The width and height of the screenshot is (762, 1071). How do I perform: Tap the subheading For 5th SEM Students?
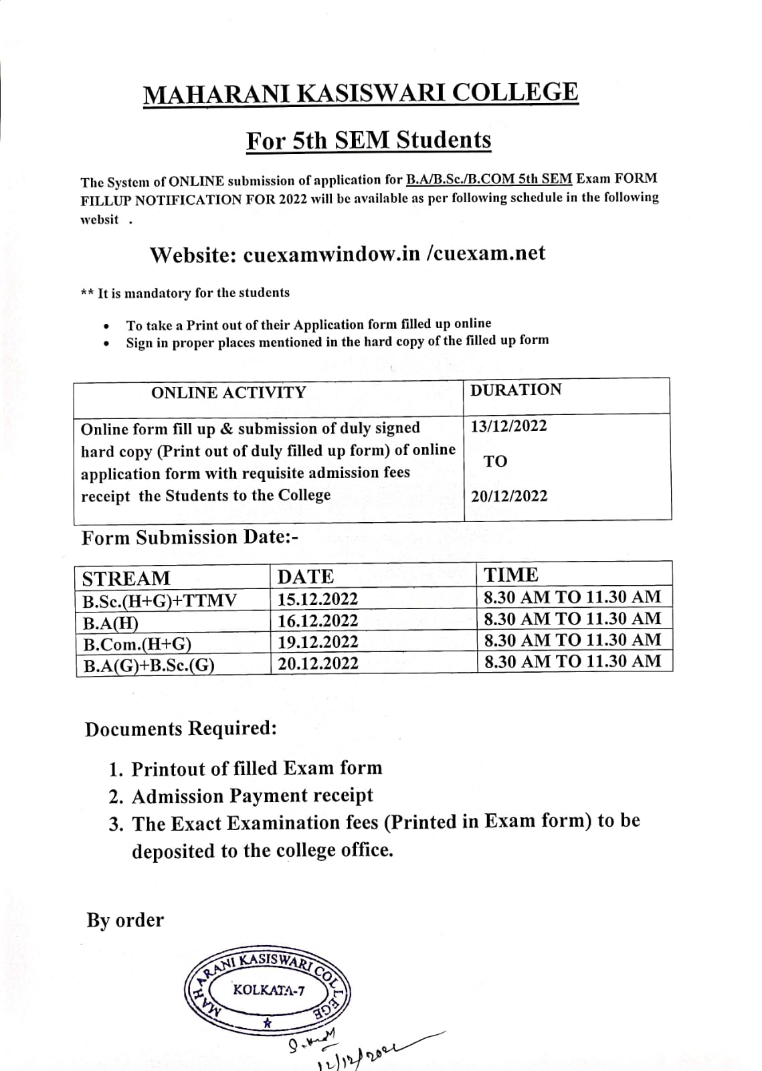coord(369,141)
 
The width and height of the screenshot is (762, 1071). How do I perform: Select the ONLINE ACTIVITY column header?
coord(228,393)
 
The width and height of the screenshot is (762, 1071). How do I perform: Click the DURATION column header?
coord(516,390)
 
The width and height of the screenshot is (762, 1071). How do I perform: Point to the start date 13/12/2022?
coord(508,426)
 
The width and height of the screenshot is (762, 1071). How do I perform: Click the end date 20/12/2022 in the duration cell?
coord(508,496)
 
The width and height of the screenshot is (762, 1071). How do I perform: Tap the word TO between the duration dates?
coord(496,461)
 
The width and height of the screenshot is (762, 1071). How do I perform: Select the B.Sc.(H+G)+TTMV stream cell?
coord(159,600)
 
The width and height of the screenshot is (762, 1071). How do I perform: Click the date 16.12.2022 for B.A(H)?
coord(318,621)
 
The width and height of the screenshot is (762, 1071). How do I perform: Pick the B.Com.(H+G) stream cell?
coord(137,645)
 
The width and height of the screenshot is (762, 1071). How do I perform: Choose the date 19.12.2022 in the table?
coord(318,642)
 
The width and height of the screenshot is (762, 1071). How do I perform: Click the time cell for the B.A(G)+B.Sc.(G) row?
coord(572,661)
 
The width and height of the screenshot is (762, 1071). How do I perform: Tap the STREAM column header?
coord(126,578)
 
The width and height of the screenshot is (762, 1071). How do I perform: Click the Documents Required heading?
coord(181,729)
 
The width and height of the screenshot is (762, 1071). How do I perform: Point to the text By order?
coord(125,920)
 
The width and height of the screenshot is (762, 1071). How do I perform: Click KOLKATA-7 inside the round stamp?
coord(269,990)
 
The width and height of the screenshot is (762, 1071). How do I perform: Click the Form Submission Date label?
coord(190,538)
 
